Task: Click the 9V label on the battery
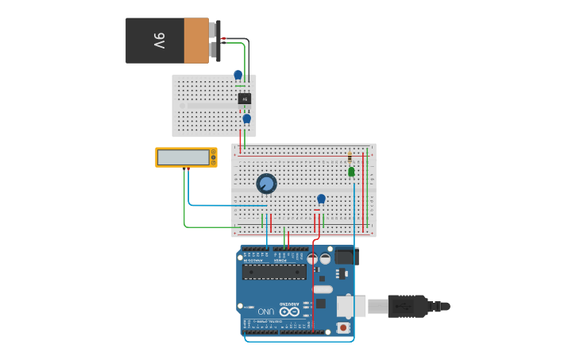(x=159, y=40)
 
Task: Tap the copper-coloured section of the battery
(x=196, y=41)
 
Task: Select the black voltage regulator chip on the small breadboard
(x=245, y=99)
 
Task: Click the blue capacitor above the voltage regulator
(x=238, y=75)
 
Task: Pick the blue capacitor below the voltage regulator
(x=246, y=118)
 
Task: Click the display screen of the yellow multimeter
(x=184, y=157)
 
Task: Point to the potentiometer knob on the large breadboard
(x=266, y=184)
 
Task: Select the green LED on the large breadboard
(x=351, y=172)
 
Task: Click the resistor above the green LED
(x=350, y=157)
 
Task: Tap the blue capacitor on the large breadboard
(x=321, y=199)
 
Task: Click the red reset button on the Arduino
(x=343, y=327)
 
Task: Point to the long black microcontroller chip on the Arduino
(x=274, y=272)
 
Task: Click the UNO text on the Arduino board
(x=265, y=311)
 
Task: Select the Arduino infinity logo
(x=289, y=312)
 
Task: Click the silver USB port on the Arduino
(x=347, y=306)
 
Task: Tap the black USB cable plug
(x=408, y=306)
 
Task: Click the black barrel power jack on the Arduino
(x=345, y=257)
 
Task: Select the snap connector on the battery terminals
(x=214, y=40)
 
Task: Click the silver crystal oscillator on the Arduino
(x=323, y=289)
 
